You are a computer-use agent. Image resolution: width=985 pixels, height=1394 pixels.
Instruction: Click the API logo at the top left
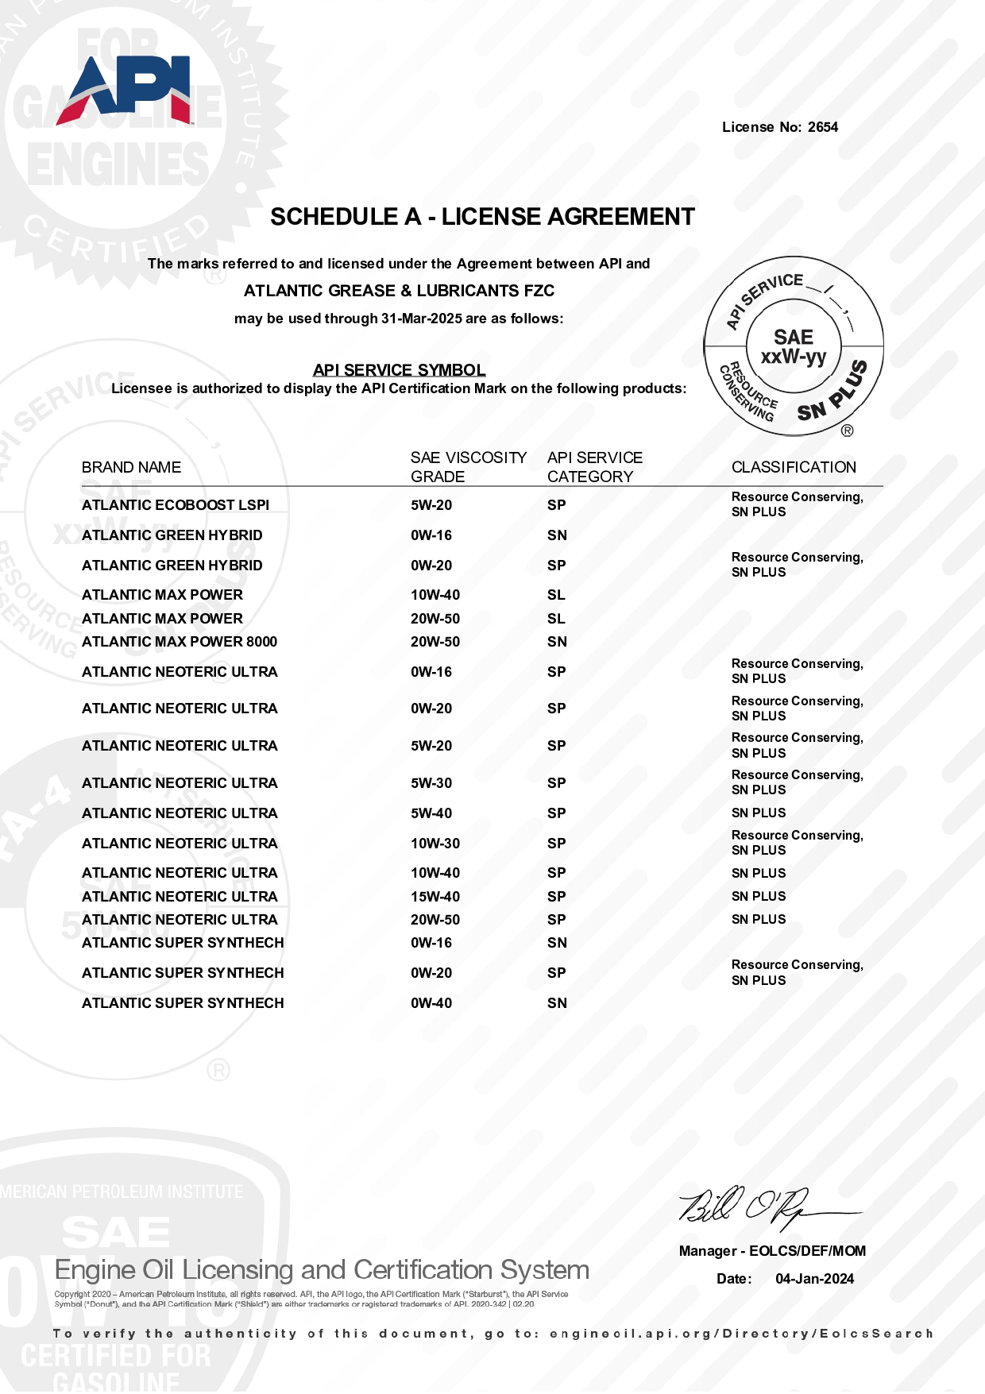125,90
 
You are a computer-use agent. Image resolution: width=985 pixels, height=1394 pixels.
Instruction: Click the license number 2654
823,127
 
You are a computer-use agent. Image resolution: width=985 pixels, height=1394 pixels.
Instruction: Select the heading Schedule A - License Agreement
482,217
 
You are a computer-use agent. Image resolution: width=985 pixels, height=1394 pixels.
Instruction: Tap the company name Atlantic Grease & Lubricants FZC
399,291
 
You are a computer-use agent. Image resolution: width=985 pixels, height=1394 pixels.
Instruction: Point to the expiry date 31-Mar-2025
421,319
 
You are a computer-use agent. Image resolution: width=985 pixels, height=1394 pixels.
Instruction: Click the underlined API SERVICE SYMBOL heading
399,370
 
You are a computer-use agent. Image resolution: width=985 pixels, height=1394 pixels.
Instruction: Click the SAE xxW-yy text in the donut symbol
794,347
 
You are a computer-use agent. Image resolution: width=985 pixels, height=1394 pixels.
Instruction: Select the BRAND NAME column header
131,467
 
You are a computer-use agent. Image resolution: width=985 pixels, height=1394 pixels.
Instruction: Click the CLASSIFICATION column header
794,467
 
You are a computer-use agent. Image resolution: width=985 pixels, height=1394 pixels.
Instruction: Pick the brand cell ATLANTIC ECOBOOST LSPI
176,505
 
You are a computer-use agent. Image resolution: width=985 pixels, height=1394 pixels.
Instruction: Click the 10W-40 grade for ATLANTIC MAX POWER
435,595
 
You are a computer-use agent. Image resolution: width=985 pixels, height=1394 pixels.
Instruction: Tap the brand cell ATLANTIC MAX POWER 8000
180,642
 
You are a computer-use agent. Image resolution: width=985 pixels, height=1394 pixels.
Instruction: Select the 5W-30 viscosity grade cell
431,783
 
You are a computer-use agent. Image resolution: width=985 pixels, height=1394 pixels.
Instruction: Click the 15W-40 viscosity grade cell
435,897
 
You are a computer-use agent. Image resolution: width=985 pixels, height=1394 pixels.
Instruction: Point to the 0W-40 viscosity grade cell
431,1003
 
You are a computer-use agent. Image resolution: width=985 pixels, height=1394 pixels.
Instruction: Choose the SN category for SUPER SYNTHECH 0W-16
557,943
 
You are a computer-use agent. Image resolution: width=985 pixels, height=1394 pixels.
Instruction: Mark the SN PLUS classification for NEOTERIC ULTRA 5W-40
759,813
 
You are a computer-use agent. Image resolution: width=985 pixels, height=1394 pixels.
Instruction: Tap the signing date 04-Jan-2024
814,1279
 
